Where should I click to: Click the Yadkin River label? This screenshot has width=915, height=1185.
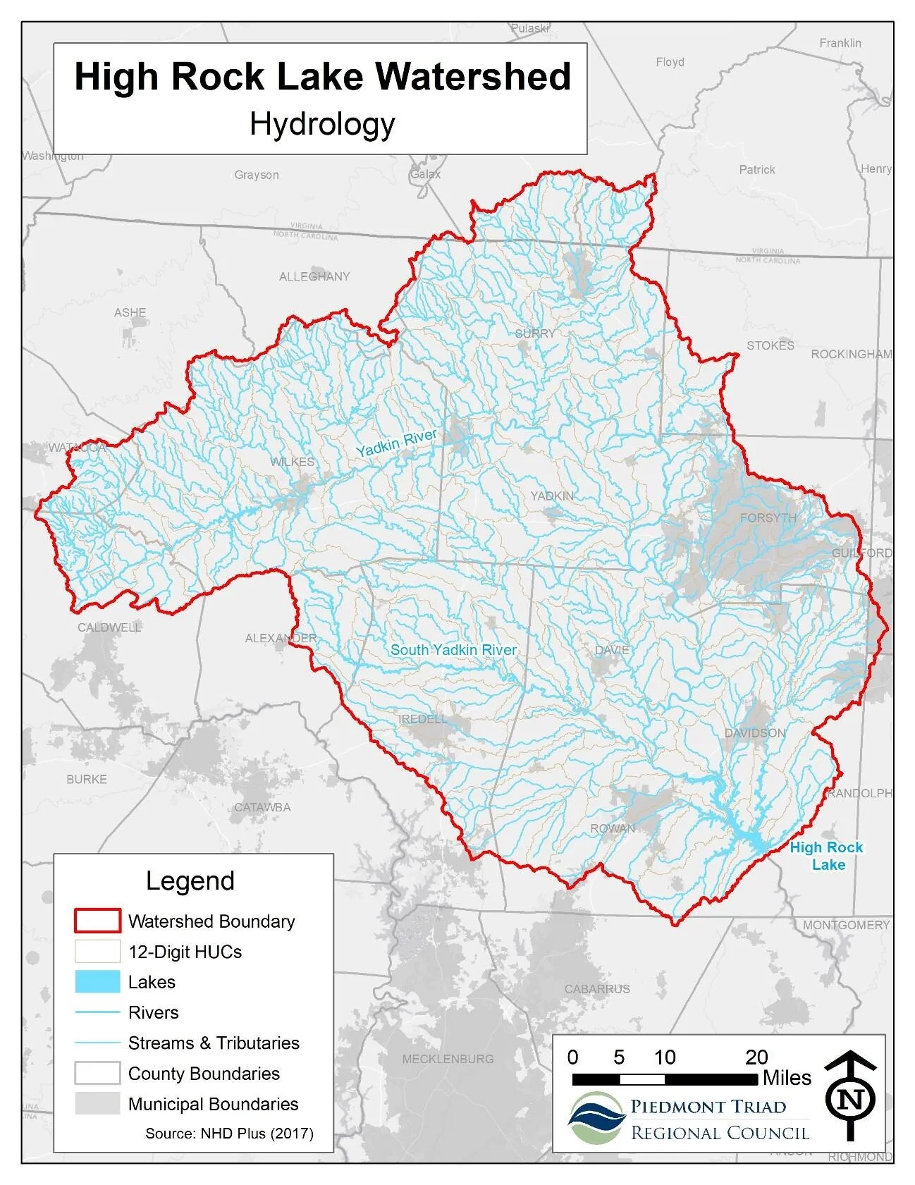coord(396,443)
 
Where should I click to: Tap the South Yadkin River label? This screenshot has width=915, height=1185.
coord(453,650)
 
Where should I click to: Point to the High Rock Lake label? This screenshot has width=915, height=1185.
coord(826,856)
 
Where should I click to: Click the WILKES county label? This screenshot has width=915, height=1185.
coord(293,462)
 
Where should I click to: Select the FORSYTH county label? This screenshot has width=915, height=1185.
coord(768,518)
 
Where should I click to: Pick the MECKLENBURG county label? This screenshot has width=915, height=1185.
coord(448,1059)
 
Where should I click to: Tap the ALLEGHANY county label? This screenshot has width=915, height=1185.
coord(314,276)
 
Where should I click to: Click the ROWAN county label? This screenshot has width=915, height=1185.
coord(613,828)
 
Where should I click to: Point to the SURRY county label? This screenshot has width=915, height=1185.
coord(534,333)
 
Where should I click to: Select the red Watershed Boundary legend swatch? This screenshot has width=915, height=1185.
coord(97,921)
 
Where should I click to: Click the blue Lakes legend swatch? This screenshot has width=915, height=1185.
coord(97,982)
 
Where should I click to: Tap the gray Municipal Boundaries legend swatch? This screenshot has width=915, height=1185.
coord(97,1104)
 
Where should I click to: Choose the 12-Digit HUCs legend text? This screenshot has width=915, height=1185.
coord(185,952)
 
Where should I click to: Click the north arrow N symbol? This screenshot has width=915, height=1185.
coord(852,1098)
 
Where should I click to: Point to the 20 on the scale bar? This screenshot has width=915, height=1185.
coord(756,1057)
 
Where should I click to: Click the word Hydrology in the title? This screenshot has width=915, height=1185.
coord(322,125)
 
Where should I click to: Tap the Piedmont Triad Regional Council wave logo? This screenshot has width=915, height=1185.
coord(596,1118)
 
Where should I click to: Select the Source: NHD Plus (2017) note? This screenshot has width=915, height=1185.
coord(229,1134)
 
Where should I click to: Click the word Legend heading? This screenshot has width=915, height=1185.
coord(190,881)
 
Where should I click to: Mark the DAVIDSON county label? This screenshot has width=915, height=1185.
coord(754,733)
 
